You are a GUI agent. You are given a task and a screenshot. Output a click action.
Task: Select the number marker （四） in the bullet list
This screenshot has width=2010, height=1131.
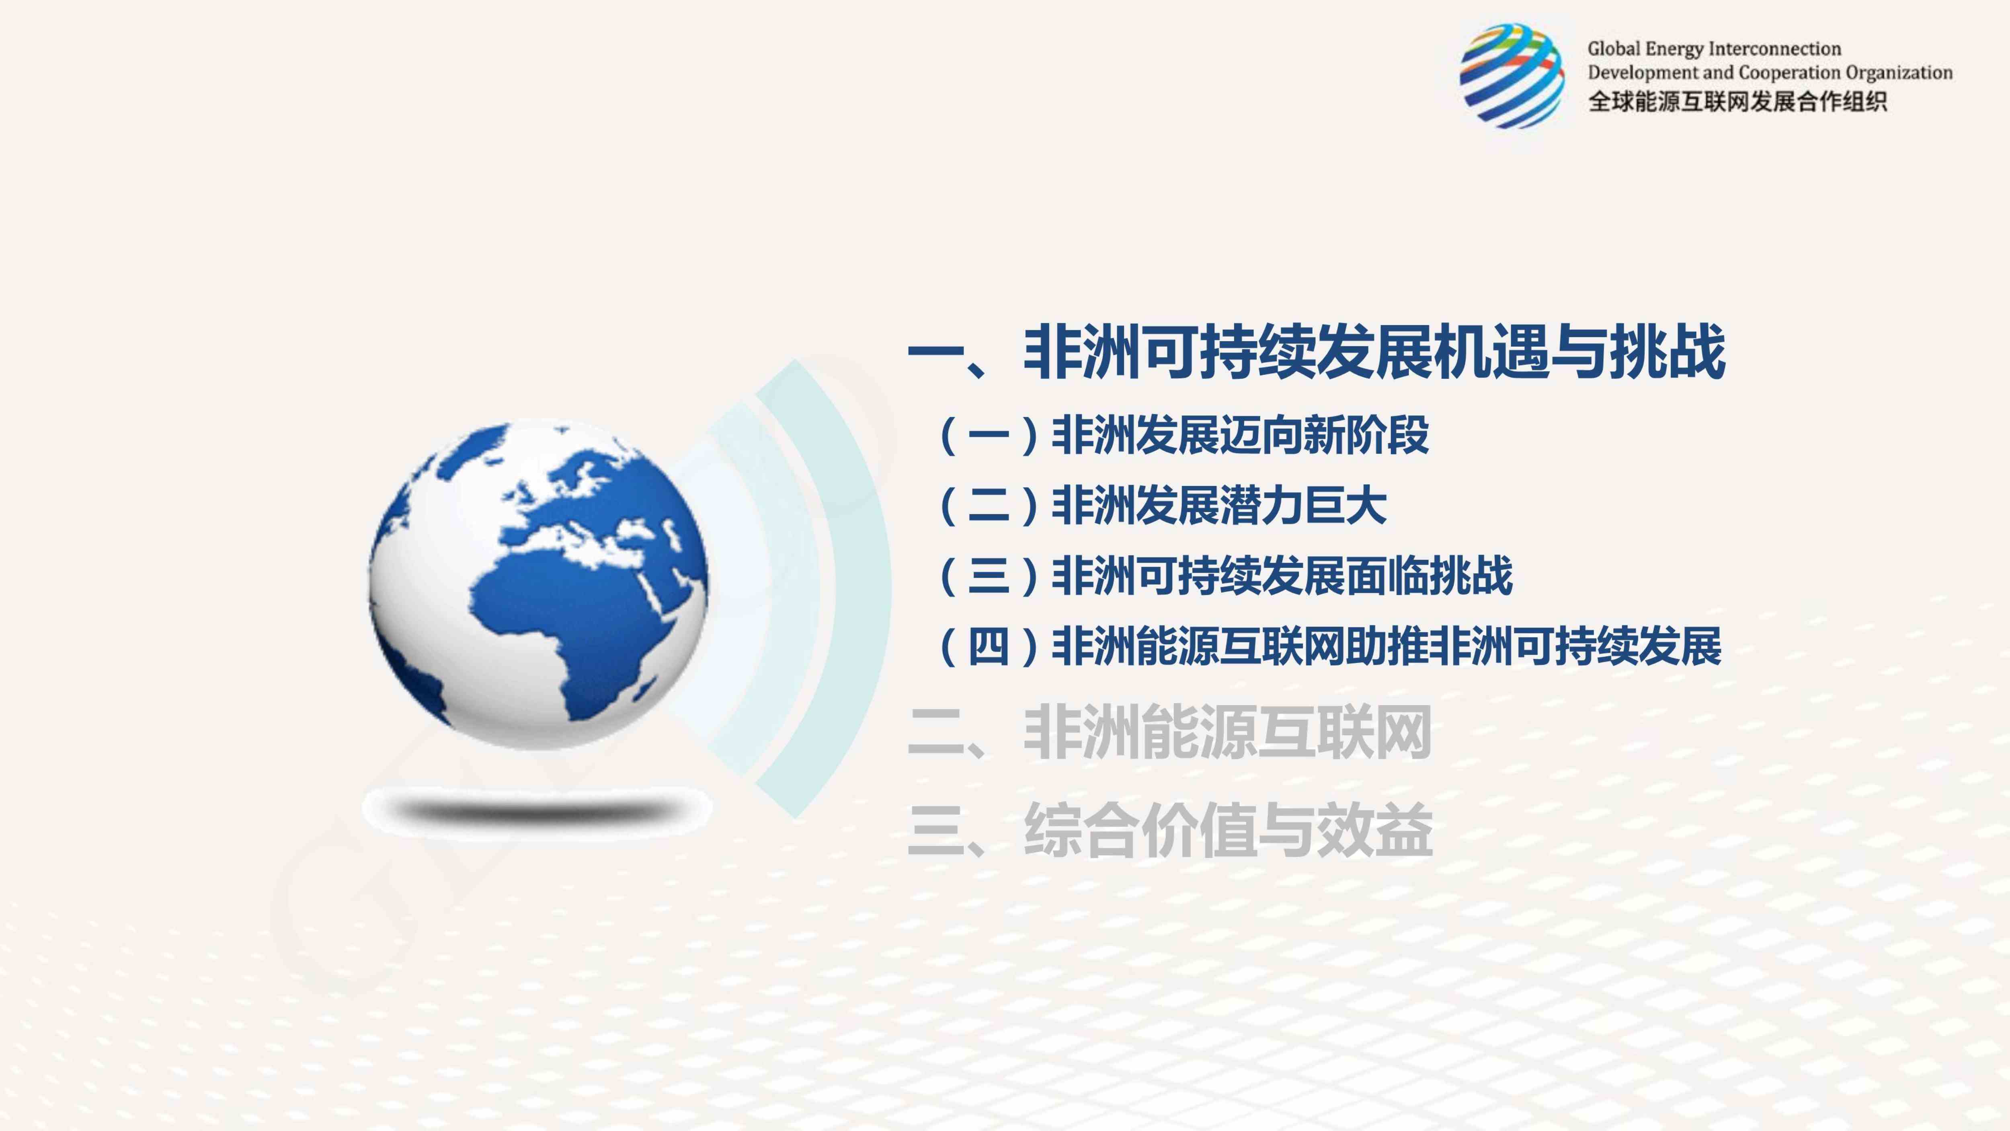pyautogui.click(x=989, y=646)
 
